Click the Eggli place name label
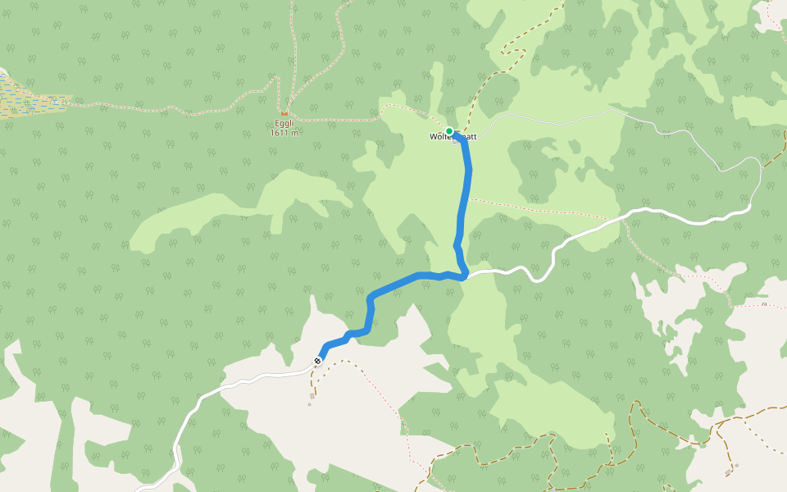tap(284, 125)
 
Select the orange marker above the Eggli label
tap(284, 113)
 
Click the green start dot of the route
tap(449, 131)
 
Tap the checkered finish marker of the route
tap(317, 360)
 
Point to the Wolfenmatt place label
tap(453, 137)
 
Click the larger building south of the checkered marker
tap(312, 396)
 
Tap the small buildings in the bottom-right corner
tap(730, 471)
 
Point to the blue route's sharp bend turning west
tap(464, 275)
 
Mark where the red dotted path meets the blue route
tap(467, 198)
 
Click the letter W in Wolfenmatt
tap(433, 137)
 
